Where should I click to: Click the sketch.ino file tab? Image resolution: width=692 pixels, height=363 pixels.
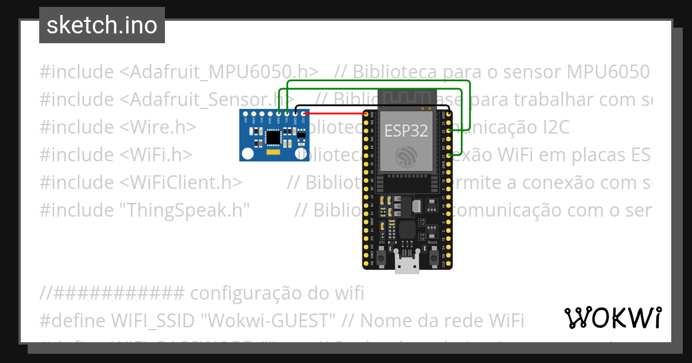coord(102,25)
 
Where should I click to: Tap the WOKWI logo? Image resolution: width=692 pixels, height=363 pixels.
coord(612,317)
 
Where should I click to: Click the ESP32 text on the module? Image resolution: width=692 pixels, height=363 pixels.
coord(407,130)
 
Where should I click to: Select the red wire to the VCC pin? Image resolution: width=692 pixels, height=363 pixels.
coord(334,114)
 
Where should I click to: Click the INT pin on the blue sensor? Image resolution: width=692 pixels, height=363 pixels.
coord(246,114)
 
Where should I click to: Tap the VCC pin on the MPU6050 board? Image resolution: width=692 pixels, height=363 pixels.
coord(303,114)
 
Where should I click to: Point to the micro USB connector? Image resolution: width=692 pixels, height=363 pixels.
coord(407,266)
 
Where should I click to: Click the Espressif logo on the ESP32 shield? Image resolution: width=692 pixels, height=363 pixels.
coord(407,156)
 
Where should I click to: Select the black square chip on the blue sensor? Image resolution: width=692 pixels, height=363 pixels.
coord(273,138)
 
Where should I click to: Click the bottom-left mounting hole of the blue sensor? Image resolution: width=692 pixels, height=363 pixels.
coord(247,154)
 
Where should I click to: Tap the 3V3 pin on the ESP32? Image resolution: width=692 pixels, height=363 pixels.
coord(366,115)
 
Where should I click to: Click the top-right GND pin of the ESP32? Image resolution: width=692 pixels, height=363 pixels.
coord(449,115)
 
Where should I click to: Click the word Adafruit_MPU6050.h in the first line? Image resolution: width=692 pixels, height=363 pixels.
coord(219,72)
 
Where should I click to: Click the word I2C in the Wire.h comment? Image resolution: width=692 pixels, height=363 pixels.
coord(554,127)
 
